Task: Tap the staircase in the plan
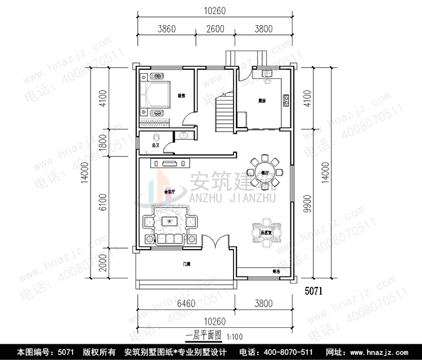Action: [224, 112]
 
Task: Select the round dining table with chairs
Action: [264, 172]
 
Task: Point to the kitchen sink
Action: [267, 74]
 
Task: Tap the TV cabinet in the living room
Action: [170, 163]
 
